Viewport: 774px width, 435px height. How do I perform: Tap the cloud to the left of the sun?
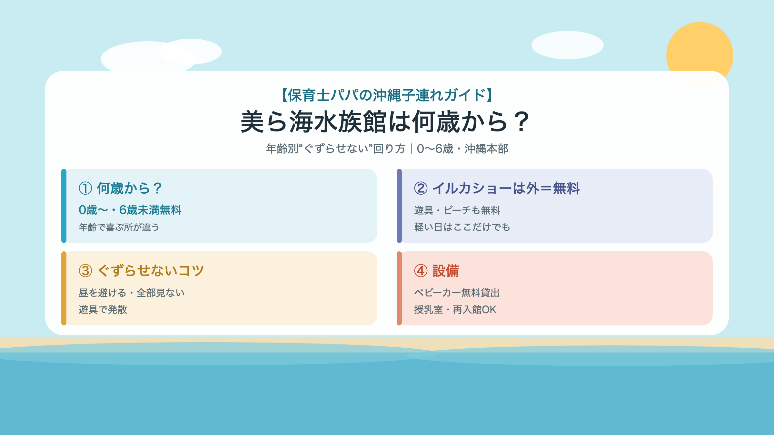pyautogui.click(x=568, y=45)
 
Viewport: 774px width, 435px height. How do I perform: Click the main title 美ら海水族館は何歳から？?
pyautogui.click(x=386, y=122)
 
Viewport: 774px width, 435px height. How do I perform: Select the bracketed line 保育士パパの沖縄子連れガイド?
pyautogui.click(x=387, y=95)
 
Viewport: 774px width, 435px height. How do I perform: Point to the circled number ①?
pyautogui.click(x=85, y=188)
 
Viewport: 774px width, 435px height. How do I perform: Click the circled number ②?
pyautogui.click(x=421, y=188)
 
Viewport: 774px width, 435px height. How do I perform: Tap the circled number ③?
pyautogui.click(x=85, y=271)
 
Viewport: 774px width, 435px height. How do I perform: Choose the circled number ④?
pyautogui.click(x=421, y=271)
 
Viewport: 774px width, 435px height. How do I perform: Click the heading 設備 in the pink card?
pyautogui.click(x=446, y=271)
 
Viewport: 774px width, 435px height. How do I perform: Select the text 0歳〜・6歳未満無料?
pyautogui.click(x=130, y=210)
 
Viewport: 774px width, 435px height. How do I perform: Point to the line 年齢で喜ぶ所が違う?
pyautogui.click(x=119, y=227)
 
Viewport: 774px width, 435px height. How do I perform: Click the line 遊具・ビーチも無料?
pyautogui.click(x=457, y=210)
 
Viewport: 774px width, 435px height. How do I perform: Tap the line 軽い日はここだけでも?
pyautogui.click(x=462, y=227)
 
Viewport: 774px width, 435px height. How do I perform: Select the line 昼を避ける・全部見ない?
pyautogui.click(x=132, y=293)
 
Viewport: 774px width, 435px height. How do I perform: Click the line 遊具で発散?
pyautogui.click(x=103, y=310)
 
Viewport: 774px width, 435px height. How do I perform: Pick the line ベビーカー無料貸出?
pyautogui.click(x=457, y=293)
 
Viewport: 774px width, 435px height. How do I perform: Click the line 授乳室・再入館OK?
pyautogui.click(x=455, y=310)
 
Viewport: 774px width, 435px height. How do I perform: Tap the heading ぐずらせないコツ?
pyautogui.click(x=151, y=271)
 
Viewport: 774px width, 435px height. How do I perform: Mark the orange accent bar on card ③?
pyautogui.click(x=64, y=288)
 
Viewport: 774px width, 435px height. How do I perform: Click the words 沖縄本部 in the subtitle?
pyautogui.click(x=486, y=149)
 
